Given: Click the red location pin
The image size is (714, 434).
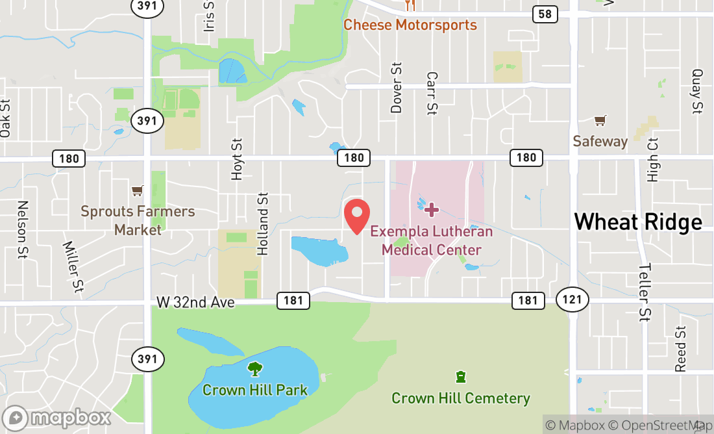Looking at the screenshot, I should (356, 216).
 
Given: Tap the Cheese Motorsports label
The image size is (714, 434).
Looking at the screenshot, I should (410, 25).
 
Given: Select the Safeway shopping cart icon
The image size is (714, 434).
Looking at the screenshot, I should (600, 121).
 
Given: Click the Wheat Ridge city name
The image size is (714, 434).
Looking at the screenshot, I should (638, 222).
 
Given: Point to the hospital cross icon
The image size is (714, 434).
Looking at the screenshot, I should (432, 209).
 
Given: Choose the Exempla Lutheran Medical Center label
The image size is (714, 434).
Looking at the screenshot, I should (432, 240).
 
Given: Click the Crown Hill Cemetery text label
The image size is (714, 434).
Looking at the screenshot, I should (461, 398).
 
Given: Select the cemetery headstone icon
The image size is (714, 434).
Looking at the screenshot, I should (461, 377).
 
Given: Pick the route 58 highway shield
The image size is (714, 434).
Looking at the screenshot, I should (545, 14).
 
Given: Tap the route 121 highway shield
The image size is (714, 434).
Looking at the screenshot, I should (572, 300).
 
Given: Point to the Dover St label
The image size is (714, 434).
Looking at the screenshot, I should (397, 88).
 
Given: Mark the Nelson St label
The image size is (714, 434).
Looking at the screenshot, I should (23, 229).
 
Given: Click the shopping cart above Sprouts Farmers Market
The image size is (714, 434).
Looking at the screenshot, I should (137, 191).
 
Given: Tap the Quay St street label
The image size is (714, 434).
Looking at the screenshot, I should (697, 91).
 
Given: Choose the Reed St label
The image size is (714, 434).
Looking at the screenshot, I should (680, 349).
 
